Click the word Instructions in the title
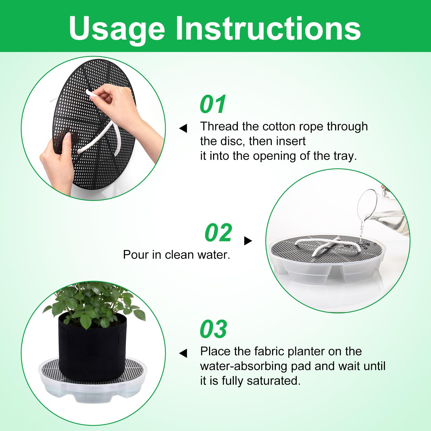tap(268, 28)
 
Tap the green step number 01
tap(213, 104)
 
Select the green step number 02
tap(218, 233)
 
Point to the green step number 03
tap(213, 329)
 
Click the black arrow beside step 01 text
tap(183, 128)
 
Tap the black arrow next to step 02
tap(248, 241)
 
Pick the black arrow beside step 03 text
tap(183, 353)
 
